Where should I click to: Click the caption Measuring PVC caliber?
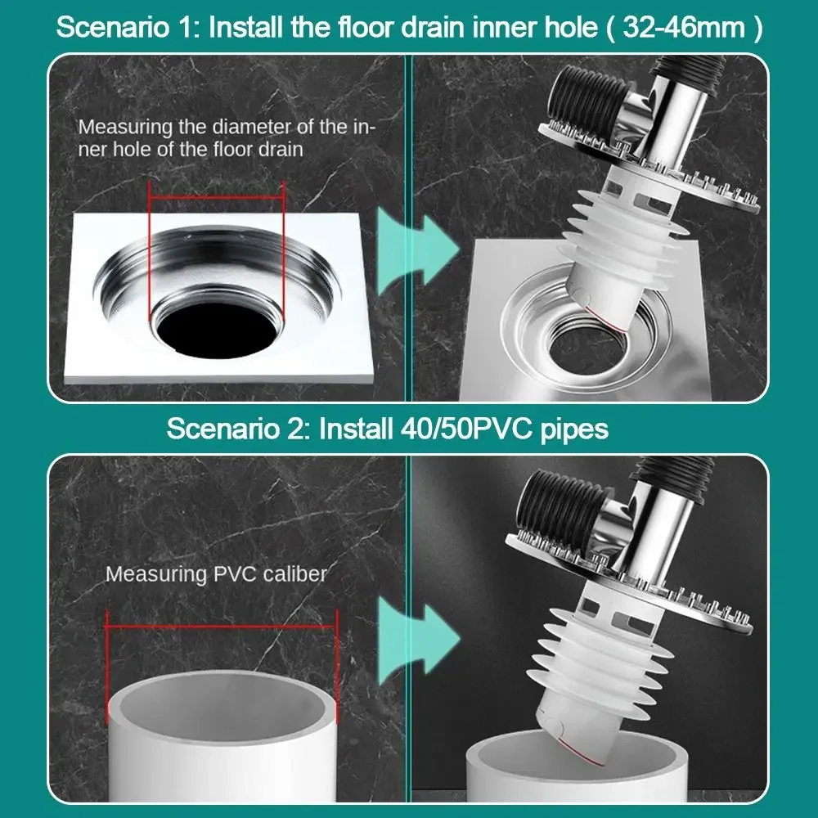tap(216, 573)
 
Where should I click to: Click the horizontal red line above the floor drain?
tap(216, 196)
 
